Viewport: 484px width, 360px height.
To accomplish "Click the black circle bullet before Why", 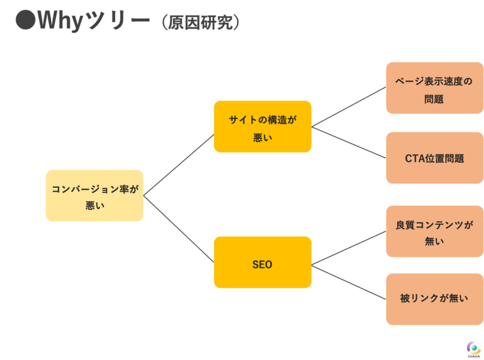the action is pos(26,20).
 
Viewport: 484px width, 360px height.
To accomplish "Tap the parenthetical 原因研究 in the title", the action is pos(200,22).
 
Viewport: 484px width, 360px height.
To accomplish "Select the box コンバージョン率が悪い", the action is pos(95,195).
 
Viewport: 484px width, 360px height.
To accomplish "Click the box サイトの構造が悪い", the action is pos(263,126).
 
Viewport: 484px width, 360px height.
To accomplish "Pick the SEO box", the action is pos(263,263).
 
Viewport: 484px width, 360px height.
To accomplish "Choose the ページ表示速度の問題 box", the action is pos(435,88).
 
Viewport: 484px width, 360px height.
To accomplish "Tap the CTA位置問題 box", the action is pos(435,158).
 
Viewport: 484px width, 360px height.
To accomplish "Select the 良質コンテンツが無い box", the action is pos(435,231).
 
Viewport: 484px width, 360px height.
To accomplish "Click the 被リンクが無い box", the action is pos(435,299).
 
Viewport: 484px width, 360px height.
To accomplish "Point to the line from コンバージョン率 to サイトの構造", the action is pos(179,165).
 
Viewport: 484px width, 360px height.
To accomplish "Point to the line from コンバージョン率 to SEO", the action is pos(179,229).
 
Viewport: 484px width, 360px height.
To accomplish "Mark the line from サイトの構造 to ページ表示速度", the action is pos(349,107).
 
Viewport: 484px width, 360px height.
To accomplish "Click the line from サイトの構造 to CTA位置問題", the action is pos(349,142).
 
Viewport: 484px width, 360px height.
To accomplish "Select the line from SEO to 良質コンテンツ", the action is pos(349,248).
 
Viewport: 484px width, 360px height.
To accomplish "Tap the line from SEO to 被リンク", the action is pos(349,282).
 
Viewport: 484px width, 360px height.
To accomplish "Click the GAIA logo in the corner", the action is pos(474,350).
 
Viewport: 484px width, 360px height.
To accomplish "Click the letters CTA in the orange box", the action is pos(415,158).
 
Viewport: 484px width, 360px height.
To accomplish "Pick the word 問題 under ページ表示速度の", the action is pos(434,99).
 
